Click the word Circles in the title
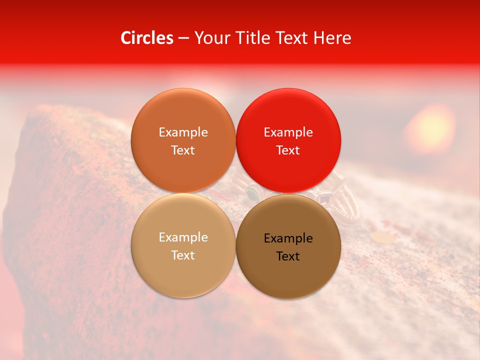tap(147, 38)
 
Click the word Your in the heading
tap(210, 38)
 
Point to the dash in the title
tap(183, 38)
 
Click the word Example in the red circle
tap(288, 132)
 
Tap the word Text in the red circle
tap(288, 150)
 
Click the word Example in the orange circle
tap(183, 132)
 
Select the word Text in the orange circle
tap(183, 150)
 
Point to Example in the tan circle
tap(183, 237)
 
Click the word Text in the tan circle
tap(183, 255)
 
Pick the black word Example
tap(288, 238)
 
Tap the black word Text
tap(288, 256)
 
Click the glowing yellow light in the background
tap(431, 127)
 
